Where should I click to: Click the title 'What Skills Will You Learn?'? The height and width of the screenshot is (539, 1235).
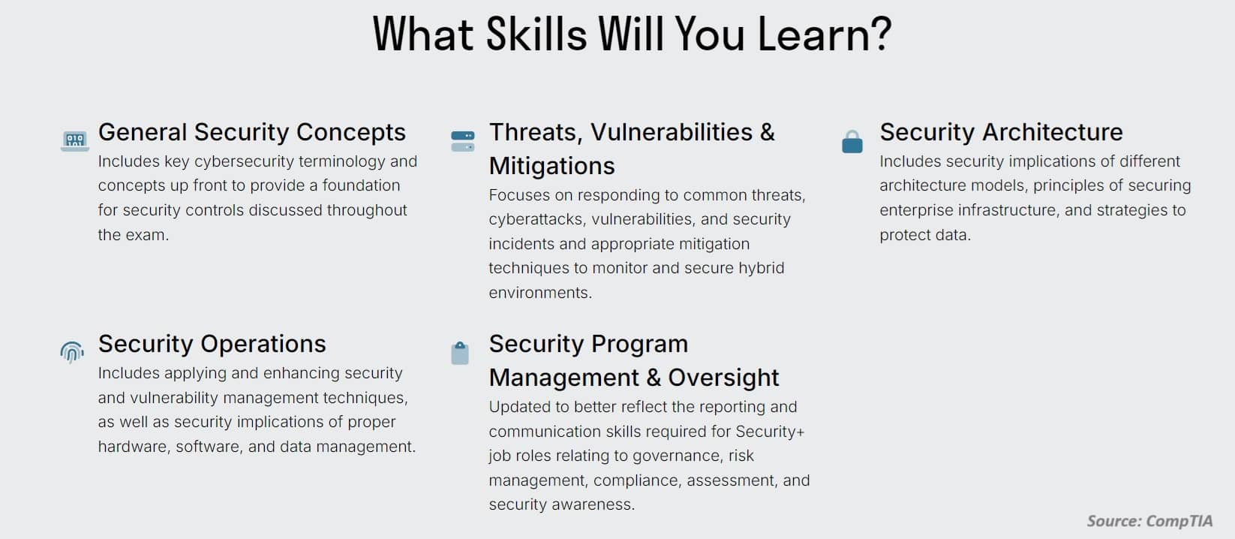[x=632, y=35]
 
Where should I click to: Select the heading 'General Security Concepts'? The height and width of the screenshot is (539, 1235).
[x=252, y=132]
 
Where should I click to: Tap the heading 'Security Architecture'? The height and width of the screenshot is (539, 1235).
[x=1001, y=132]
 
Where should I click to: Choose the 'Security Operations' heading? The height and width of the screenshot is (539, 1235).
[x=212, y=344]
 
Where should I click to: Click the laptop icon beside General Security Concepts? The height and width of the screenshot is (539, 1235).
[x=75, y=140]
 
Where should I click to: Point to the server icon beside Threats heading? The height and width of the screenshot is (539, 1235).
[x=463, y=141]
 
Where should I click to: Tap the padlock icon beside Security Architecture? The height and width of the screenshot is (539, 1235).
[x=852, y=142]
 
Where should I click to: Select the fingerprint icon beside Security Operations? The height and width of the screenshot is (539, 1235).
[x=72, y=352]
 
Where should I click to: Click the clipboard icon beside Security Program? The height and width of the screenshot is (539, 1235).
[x=460, y=353]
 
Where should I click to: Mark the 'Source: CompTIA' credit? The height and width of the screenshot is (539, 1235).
[x=1149, y=521]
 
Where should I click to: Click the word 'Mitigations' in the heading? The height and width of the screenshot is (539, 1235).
[x=552, y=166]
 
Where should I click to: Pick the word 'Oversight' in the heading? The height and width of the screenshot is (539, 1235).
[x=723, y=378]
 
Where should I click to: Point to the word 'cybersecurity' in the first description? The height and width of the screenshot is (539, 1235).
[x=245, y=161]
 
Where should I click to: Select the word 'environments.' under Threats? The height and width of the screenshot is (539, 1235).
[x=540, y=292]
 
